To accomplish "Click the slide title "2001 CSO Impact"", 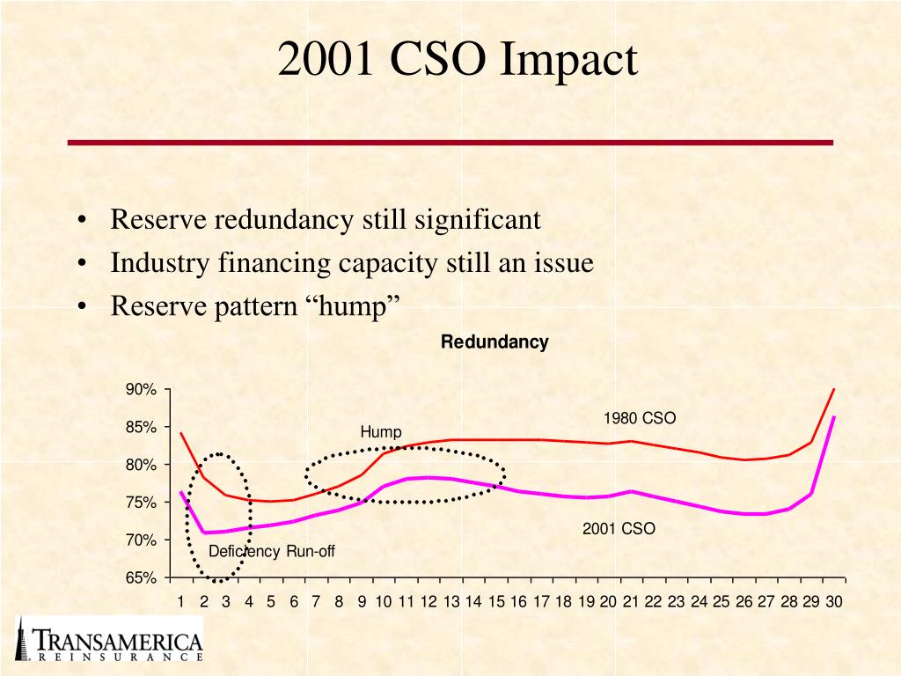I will pyautogui.click(x=457, y=61).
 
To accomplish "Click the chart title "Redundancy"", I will pyautogui.click(x=494, y=342).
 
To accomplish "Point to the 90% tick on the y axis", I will pyautogui.click(x=143, y=390).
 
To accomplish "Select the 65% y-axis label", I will pyautogui.click(x=143, y=578).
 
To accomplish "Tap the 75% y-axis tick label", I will pyautogui.click(x=143, y=503).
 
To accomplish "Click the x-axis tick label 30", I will pyautogui.click(x=833, y=602).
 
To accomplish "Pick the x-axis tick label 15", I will pyautogui.click(x=496, y=602).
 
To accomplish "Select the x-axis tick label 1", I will pyautogui.click(x=180, y=602).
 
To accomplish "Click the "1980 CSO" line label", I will pyautogui.click(x=639, y=418).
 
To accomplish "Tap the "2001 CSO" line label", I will pyautogui.click(x=619, y=529).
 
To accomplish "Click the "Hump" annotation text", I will pyautogui.click(x=380, y=432).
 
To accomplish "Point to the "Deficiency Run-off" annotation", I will pyautogui.click(x=271, y=552).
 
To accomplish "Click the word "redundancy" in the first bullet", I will pyautogui.click(x=283, y=219).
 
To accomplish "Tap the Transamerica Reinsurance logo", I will pyautogui.click(x=110, y=640).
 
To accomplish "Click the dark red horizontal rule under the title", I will pyautogui.click(x=450, y=142).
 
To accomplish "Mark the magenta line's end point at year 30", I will pyautogui.click(x=833, y=417).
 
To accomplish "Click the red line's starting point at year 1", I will pyautogui.click(x=180, y=433).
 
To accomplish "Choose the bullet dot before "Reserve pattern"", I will pyautogui.click(x=81, y=307).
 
